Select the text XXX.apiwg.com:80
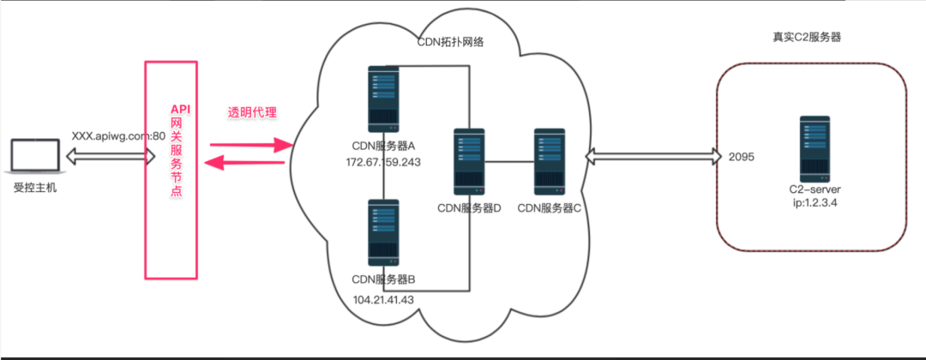(x=118, y=135)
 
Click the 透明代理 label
(x=252, y=113)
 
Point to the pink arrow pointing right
(x=247, y=145)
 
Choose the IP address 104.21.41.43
(x=383, y=299)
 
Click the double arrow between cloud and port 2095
(x=652, y=157)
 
